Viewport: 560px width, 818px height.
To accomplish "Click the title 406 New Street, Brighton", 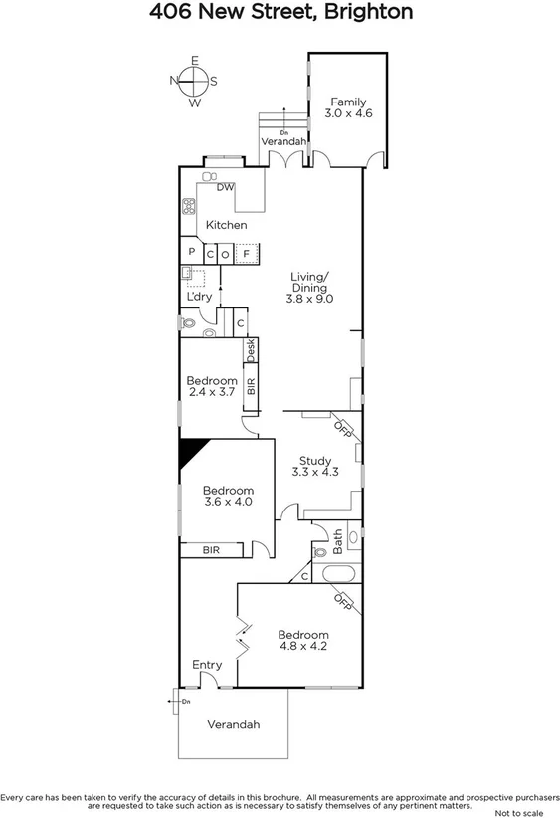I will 280,12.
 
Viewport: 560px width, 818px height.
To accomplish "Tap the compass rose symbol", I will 195,82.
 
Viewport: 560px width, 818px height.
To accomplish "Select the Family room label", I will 348,107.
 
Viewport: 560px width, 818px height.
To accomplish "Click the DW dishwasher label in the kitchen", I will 225,187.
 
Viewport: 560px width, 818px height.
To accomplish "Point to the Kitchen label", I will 226,225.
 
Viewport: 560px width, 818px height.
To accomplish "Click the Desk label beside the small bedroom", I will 251,349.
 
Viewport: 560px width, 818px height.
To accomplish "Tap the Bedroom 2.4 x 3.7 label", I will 212,387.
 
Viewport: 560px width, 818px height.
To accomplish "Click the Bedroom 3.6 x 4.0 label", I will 228,496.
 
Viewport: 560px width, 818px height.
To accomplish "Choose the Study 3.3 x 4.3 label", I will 315,466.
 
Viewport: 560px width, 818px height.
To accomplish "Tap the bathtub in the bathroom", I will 337,573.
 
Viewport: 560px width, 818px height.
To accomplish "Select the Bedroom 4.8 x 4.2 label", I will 302,640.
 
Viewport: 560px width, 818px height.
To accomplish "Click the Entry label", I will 208,664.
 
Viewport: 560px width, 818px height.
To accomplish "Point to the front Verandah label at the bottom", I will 234,724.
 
